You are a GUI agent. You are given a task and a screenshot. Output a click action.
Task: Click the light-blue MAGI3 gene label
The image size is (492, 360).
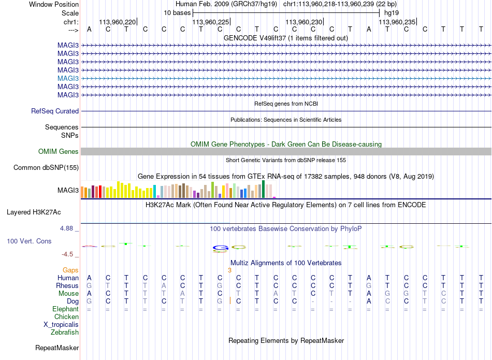tap(68, 78)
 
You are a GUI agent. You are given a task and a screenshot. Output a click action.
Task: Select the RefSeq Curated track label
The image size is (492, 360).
tap(55, 111)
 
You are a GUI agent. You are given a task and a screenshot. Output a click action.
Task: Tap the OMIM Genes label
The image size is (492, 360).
tap(59, 152)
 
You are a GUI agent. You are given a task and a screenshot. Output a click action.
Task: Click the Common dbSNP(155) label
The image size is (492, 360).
tap(46, 168)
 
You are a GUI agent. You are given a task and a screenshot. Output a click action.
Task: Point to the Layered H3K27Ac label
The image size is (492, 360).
tap(34, 212)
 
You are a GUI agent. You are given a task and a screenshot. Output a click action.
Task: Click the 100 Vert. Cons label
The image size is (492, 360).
tap(29, 241)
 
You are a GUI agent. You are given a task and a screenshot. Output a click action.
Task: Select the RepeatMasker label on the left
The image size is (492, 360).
tap(57, 348)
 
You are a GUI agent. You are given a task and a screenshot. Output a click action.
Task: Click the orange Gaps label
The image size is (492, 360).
tap(70, 270)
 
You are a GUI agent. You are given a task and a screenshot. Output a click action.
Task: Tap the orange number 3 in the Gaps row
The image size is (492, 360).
tap(229, 270)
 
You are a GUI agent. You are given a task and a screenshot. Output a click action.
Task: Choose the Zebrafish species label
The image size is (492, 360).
tap(65, 333)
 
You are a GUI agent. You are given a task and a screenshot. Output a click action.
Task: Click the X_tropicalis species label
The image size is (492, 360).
tap(61, 325)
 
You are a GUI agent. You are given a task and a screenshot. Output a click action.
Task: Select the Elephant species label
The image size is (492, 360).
tap(65, 309)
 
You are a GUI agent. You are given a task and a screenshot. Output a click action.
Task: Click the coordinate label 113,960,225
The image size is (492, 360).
tap(211, 22)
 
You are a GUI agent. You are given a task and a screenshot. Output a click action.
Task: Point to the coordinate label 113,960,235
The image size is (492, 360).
tap(397, 22)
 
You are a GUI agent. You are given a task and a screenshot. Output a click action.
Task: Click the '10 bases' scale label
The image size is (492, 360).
tap(177, 13)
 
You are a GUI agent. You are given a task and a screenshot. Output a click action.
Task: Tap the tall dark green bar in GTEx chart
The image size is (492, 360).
tap(263, 189)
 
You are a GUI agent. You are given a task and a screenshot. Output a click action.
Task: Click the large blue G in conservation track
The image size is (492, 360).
tap(220, 248)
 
